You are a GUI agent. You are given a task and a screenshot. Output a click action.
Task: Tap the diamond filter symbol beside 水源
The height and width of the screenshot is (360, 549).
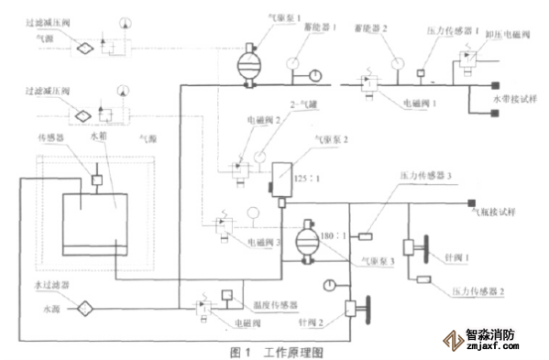click(x=85, y=308)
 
